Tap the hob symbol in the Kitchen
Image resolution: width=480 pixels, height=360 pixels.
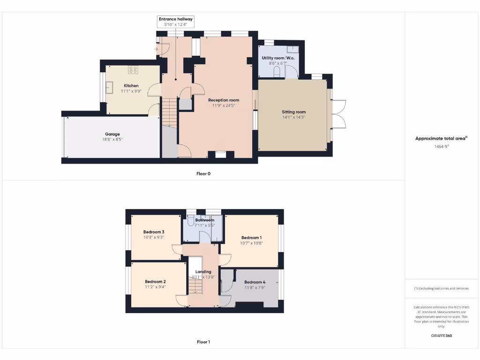click(133, 70)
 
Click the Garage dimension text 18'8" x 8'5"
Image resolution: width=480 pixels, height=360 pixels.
click(112, 140)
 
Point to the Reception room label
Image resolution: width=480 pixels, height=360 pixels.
click(224, 100)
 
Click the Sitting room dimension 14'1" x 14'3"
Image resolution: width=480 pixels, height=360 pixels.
click(293, 117)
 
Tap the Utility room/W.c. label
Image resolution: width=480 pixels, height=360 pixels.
click(278, 58)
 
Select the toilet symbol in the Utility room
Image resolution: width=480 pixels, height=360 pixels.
click(277, 72)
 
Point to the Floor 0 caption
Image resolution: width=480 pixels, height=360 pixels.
click(203, 173)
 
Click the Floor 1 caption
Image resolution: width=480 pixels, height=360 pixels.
click(203, 342)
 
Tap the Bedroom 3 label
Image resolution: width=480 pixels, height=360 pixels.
click(154, 232)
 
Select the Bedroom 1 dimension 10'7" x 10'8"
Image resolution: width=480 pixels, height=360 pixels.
click(251, 243)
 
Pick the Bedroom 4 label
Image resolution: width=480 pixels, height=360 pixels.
click(255, 282)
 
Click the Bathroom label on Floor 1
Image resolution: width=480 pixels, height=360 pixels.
click(204, 220)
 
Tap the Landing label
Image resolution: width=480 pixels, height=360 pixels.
click(203, 271)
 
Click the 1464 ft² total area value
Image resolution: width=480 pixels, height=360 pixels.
click(441, 147)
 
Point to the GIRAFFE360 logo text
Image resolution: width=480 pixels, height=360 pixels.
click(441, 336)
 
